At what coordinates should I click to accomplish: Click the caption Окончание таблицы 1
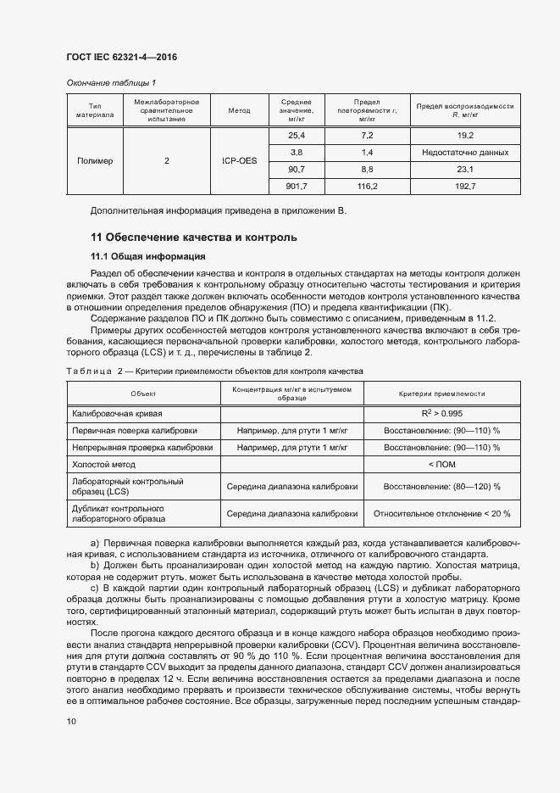point(110,83)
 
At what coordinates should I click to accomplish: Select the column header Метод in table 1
point(239,111)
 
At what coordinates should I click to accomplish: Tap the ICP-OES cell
point(239,161)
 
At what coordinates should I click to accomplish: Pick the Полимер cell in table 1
point(95,161)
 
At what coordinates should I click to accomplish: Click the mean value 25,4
point(297,136)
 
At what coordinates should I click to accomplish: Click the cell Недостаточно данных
point(465,153)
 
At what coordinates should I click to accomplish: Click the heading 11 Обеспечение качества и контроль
point(193,237)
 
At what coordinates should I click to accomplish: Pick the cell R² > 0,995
point(441,412)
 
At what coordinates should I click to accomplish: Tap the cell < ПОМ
point(441,465)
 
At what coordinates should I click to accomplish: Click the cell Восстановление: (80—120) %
point(441,487)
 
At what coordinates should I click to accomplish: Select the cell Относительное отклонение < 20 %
point(441,513)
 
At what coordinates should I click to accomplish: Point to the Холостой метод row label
point(104,465)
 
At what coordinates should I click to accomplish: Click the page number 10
point(71,721)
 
